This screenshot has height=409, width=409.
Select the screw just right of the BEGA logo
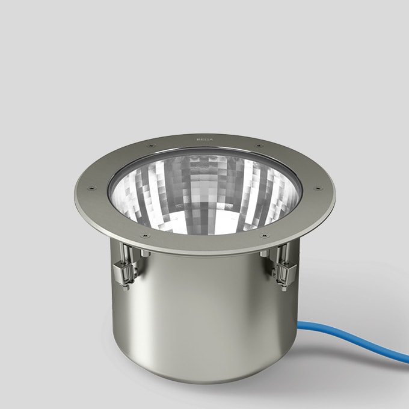[258, 146]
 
